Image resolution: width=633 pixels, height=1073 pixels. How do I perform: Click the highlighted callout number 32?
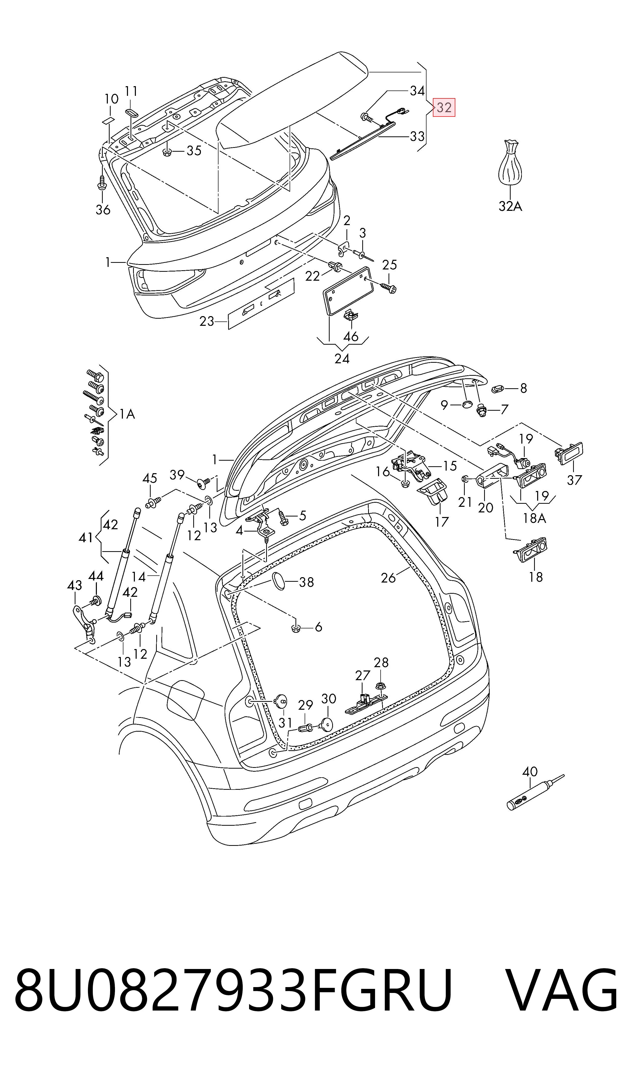coord(444,108)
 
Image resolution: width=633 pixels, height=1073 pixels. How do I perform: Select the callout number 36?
coord(103,210)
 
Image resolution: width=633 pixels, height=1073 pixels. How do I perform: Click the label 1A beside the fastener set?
coord(127,414)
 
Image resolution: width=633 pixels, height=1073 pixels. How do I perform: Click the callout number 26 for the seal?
coord(389,578)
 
